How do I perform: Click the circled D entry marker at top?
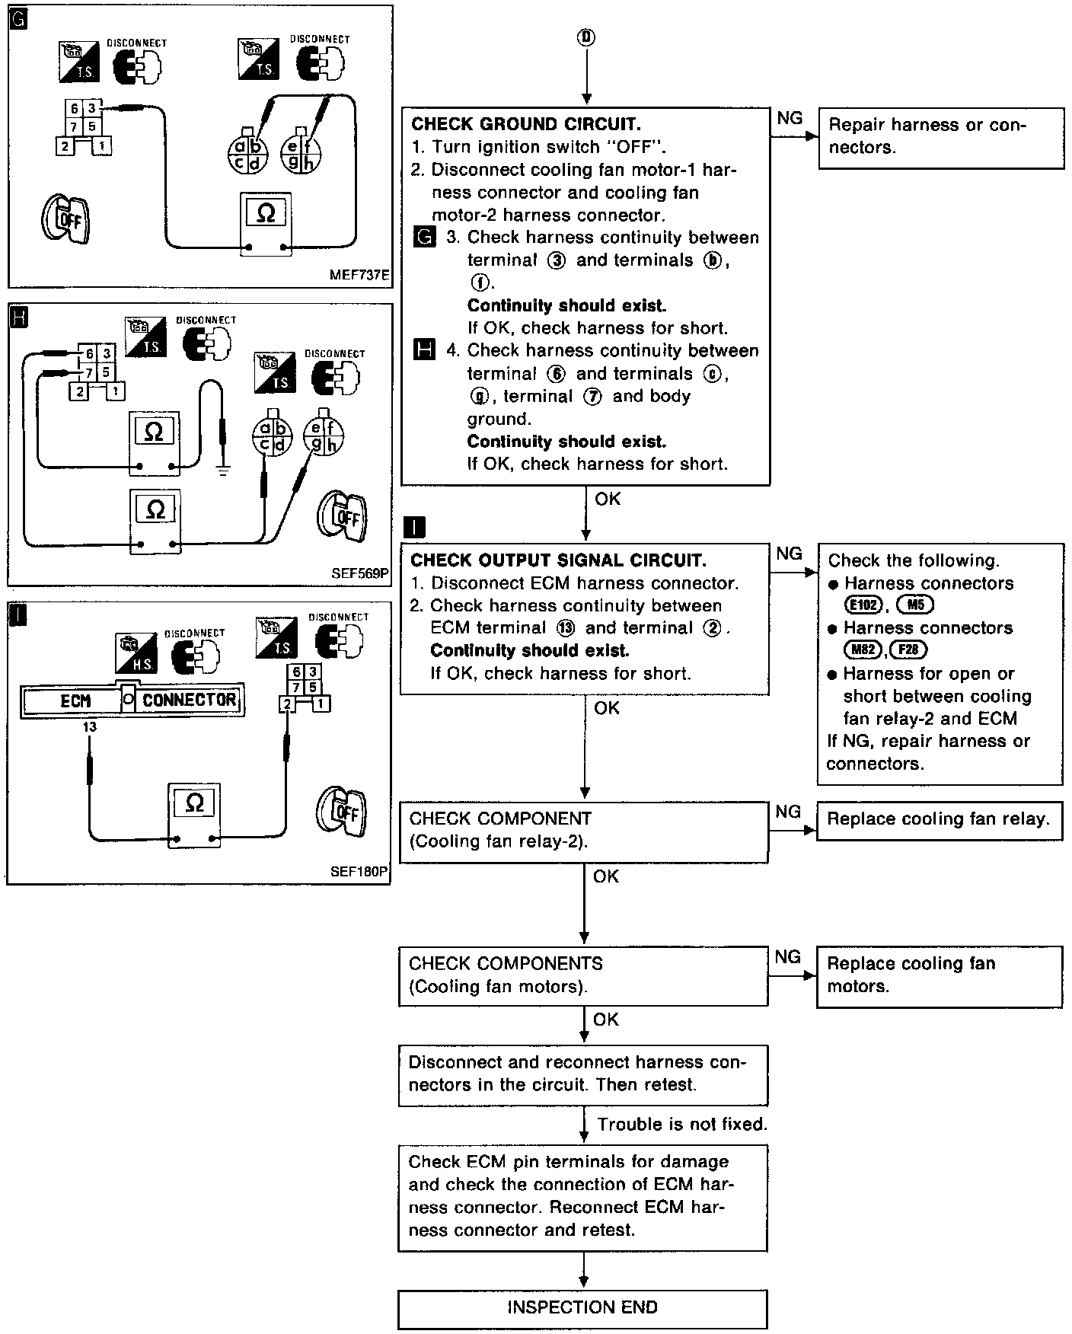point(585,37)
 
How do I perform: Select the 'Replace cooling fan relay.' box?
point(939,820)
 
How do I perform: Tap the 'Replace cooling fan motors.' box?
point(939,975)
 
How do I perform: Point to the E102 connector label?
point(863,605)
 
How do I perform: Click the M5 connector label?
point(915,605)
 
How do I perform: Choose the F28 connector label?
point(908,650)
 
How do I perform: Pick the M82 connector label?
point(863,650)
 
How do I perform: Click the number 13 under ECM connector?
point(90,727)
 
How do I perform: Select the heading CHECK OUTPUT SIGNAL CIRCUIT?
point(558,560)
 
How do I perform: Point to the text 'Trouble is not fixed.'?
point(682,1124)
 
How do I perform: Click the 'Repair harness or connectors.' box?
point(941,137)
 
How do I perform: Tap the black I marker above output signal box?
point(415,527)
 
